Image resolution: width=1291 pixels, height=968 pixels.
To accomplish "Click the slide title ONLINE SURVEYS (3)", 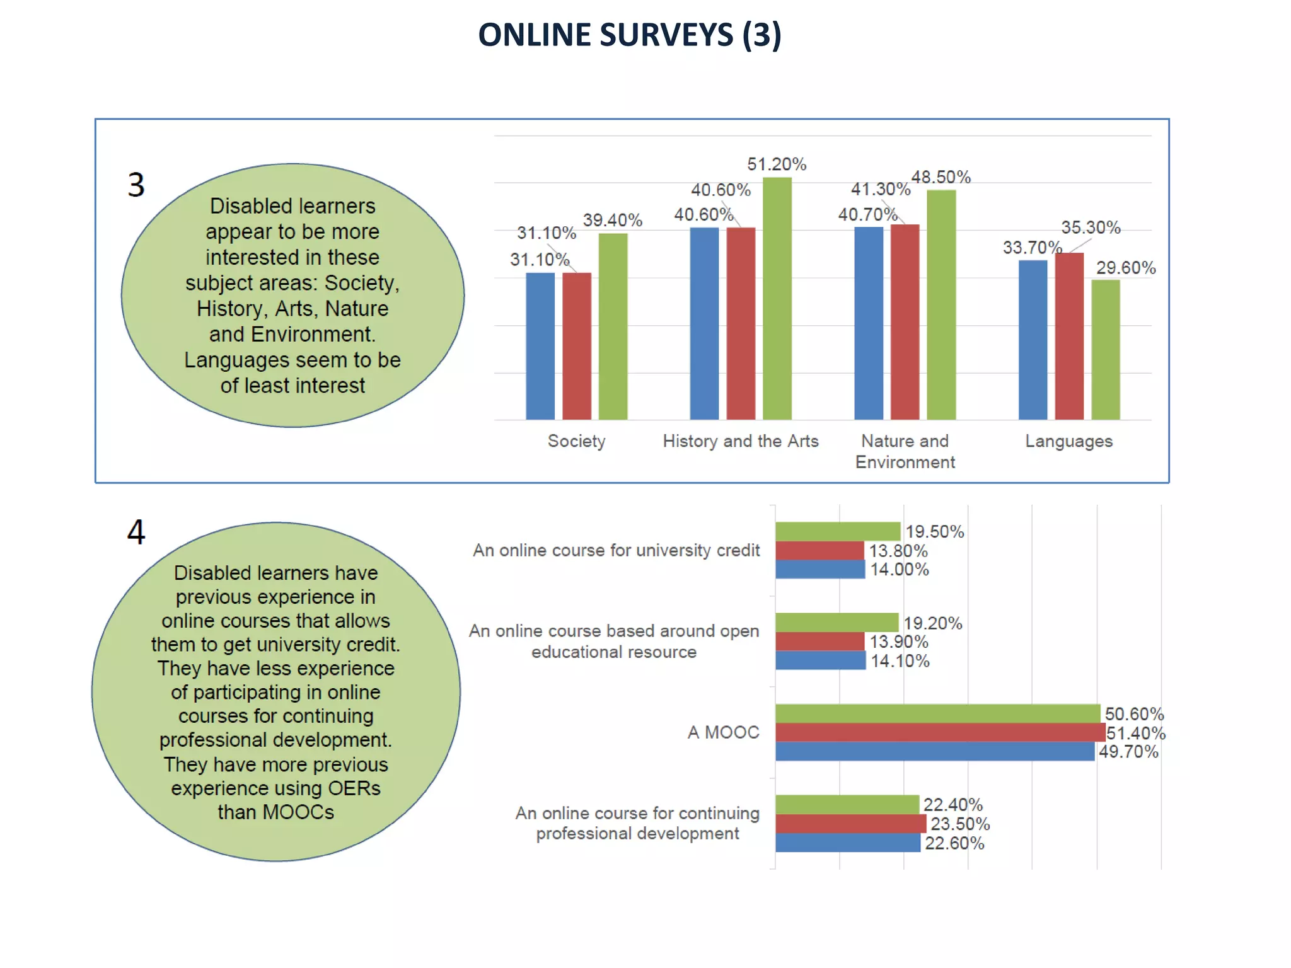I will click(629, 35).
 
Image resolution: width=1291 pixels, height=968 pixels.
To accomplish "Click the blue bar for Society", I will click(540, 346).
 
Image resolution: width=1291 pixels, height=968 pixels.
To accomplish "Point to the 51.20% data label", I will click(777, 164).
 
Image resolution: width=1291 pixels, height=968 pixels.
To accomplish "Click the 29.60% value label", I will click(1125, 268).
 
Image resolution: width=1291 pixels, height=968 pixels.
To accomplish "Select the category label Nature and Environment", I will click(905, 451).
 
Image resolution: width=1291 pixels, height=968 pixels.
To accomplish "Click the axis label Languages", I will click(1068, 441).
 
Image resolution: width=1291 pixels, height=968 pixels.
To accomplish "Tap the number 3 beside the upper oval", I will click(136, 185).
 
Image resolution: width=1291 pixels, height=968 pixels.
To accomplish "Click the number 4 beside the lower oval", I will click(136, 532).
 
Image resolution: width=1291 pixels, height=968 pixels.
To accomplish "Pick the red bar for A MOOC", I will click(939, 732).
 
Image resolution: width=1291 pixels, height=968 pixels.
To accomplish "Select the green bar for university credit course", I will click(837, 531).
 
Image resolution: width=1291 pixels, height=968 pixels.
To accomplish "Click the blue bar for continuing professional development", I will click(847, 843).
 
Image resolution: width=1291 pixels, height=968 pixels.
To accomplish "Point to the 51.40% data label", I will click(1136, 733).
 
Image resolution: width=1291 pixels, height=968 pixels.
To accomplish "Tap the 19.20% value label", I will click(932, 623).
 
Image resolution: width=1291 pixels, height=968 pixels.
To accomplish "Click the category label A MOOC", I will click(723, 732).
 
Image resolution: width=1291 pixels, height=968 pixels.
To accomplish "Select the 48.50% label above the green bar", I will click(941, 177).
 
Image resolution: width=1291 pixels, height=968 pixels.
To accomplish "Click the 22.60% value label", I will click(954, 843).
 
